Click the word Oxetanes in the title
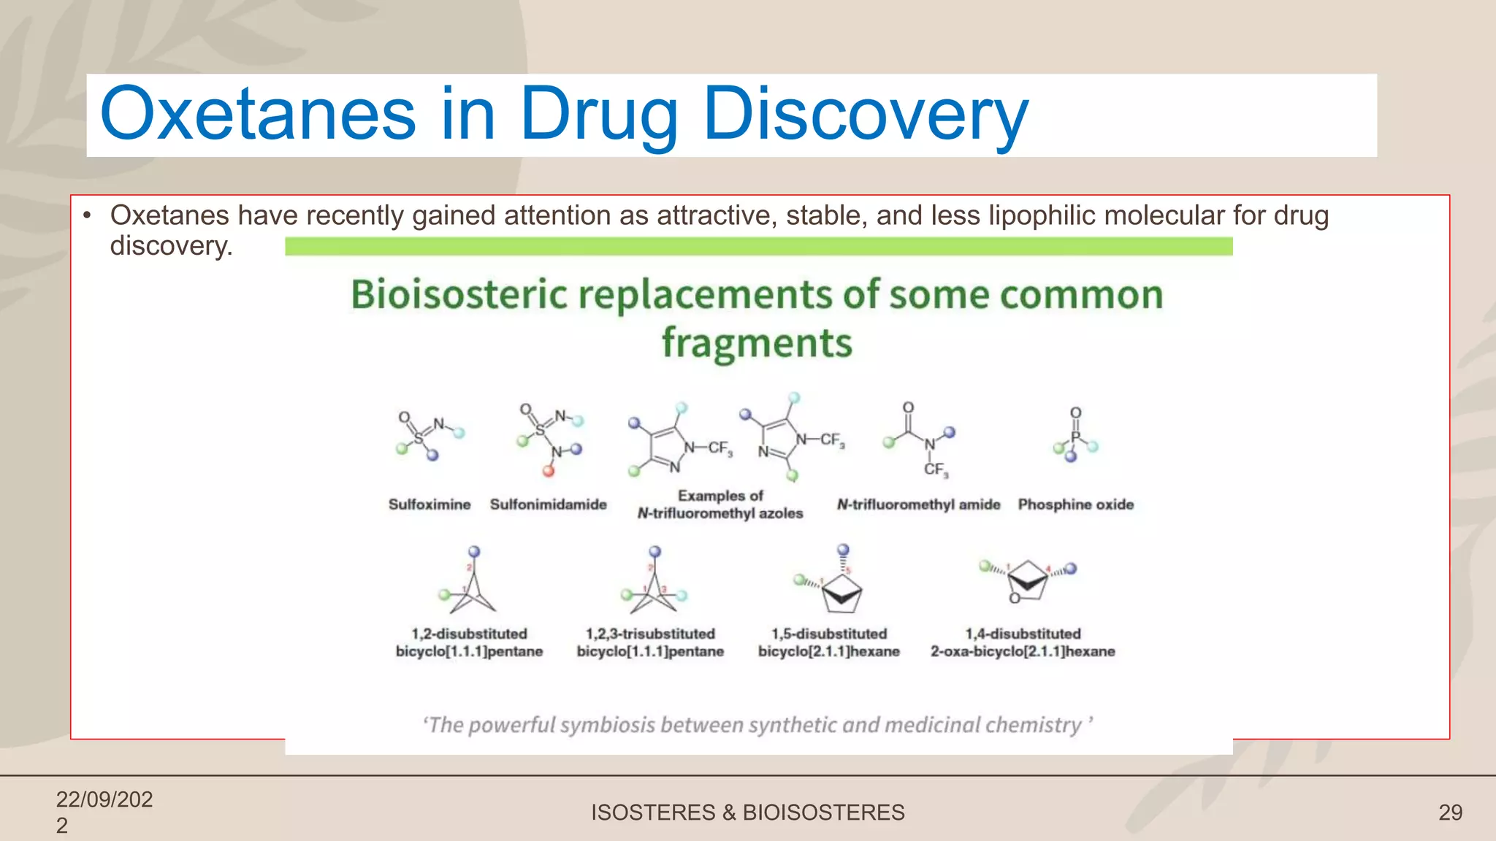[x=257, y=115]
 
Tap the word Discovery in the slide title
[x=865, y=115]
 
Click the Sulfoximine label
[x=430, y=504]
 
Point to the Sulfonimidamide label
[x=548, y=504]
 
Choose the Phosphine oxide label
[x=1075, y=504]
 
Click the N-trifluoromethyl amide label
[x=918, y=504]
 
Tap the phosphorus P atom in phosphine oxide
[x=1075, y=437]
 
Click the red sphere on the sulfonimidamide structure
[x=549, y=471]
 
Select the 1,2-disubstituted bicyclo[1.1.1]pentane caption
[x=469, y=642]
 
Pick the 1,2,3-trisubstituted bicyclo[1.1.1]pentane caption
[x=650, y=642]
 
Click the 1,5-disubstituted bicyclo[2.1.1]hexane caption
[x=828, y=642]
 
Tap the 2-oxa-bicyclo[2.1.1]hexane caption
[x=1023, y=651]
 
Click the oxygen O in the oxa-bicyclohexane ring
[x=1015, y=599]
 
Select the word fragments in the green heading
[x=757, y=343]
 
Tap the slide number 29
[x=1450, y=813]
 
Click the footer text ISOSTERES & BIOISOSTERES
[x=747, y=813]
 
